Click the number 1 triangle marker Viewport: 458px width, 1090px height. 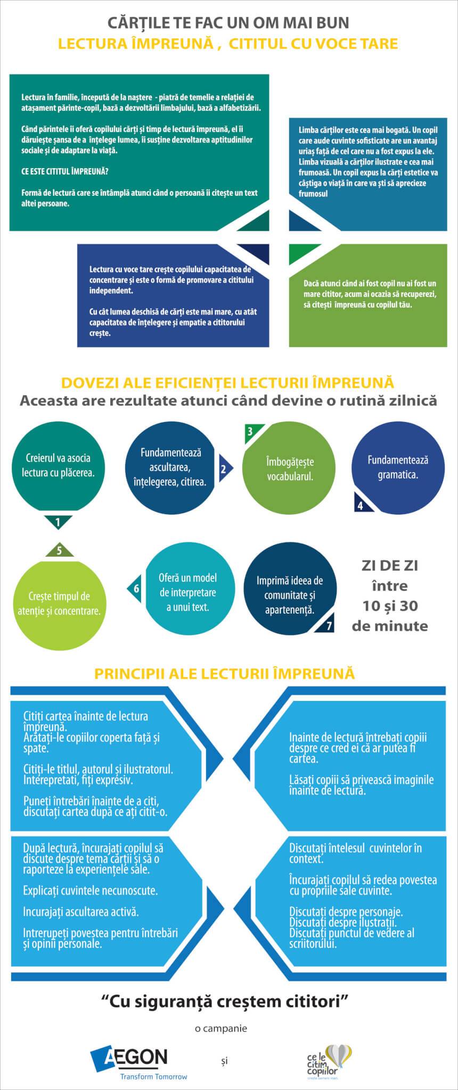coord(58,522)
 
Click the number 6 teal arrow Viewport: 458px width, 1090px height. coord(135,588)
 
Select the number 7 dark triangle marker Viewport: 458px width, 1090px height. coord(326,624)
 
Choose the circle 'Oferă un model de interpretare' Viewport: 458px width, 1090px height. coord(187,592)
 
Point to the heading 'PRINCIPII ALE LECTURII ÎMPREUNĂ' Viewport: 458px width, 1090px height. coord(224,673)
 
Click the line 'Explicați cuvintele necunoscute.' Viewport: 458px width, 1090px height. coord(90,890)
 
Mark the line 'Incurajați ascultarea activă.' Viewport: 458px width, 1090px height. coord(81,912)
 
